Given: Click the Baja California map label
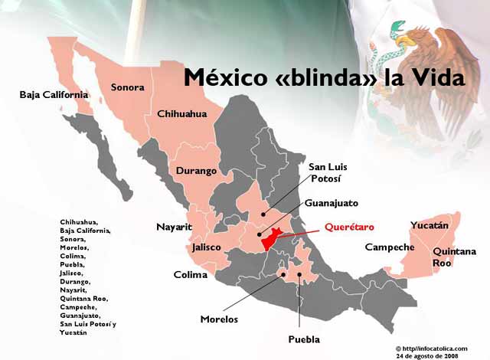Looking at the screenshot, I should click(54, 95).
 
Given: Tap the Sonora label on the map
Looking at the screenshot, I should click(127, 87).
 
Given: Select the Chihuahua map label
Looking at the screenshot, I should click(181, 113).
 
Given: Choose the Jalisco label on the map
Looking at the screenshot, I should click(207, 247).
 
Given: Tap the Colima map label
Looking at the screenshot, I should click(191, 274).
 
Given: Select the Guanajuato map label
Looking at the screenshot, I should click(331, 203).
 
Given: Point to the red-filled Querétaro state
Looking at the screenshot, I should click(273, 241).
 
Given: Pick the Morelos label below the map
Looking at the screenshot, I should click(219, 319).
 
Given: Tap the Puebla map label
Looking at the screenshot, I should click(304, 339).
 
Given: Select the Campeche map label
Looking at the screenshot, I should click(390, 247).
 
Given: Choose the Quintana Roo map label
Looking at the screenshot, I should click(454, 257).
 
